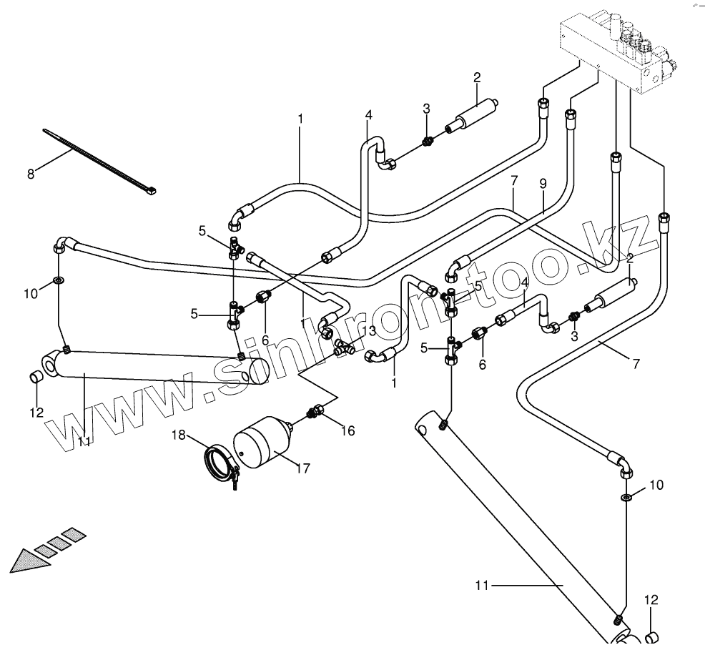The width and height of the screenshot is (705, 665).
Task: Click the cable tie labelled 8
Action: (x=93, y=159)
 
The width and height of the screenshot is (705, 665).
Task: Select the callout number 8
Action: (x=31, y=173)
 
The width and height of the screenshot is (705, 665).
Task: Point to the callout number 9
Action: (x=543, y=184)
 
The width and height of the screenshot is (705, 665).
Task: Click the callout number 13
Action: (x=369, y=330)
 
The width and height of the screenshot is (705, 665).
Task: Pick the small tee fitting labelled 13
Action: (x=345, y=348)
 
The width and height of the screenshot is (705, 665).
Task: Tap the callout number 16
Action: (x=347, y=430)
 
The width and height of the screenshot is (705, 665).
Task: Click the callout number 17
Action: (x=302, y=468)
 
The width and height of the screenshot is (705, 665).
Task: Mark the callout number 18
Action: (x=178, y=434)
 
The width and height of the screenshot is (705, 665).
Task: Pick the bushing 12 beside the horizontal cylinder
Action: (x=36, y=377)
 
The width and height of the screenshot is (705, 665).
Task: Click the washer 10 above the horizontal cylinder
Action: (x=59, y=277)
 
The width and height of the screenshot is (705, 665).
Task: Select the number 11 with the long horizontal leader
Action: (x=481, y=586)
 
